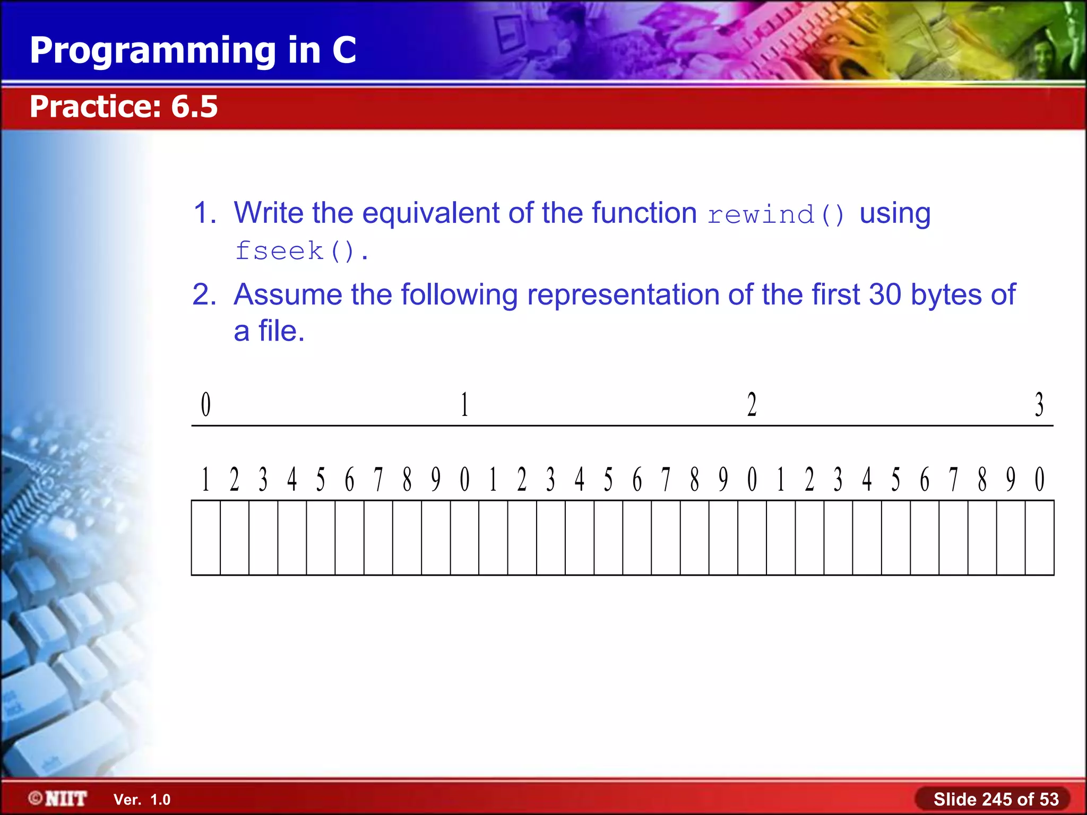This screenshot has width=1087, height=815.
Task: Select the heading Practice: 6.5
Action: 124,106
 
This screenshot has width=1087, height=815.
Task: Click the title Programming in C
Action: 193,50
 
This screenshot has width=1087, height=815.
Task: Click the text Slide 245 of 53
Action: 996,799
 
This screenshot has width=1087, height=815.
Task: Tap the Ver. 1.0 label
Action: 142,800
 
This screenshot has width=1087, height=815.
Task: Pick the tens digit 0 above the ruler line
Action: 206,405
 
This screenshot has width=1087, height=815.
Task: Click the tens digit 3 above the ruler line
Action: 1039,405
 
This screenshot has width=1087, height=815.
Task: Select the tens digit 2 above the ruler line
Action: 752,405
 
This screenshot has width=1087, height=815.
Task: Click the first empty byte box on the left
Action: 206,537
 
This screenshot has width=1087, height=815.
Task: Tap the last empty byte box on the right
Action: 1039,537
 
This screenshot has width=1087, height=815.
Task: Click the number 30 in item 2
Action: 885,294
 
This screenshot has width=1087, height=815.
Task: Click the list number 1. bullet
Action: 205,213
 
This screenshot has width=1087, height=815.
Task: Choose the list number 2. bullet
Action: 204,294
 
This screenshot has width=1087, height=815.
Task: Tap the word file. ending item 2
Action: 281,332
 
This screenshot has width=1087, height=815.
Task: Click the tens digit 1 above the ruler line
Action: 464,405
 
